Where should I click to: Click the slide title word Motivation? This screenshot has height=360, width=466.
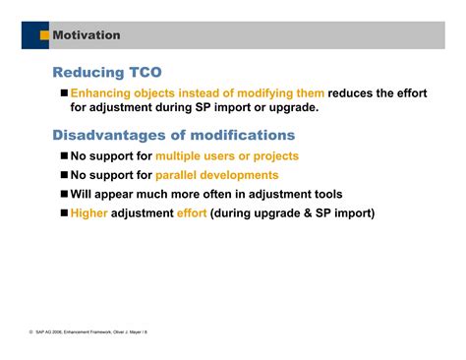coord(87,35)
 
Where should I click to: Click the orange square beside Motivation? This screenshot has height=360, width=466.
coord(44,35)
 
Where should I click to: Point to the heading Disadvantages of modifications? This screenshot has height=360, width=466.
coord(173,135)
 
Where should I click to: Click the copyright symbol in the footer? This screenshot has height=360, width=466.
coord(32,332)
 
